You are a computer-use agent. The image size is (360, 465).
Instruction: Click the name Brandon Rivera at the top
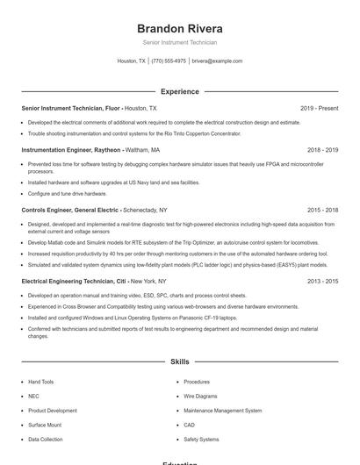coord(180,28)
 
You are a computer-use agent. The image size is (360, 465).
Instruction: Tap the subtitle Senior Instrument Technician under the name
coord(180,42)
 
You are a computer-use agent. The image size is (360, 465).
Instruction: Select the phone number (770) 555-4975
coord(169,61)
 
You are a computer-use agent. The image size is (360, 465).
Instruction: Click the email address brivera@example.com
coord(217,61)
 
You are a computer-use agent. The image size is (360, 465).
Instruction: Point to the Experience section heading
coord(180,91)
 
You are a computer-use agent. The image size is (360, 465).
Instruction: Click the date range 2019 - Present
coord(319,108)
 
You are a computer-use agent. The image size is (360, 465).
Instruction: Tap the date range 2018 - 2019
coord(322,150)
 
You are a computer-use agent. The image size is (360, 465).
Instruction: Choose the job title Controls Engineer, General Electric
coord(70,211)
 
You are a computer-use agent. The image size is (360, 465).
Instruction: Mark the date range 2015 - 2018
coord(322,211)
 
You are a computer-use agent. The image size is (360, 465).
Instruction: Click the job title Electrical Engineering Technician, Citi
coord(74,281)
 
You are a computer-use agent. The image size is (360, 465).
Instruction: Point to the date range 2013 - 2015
coord(322,281)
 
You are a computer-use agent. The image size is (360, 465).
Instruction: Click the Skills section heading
coord(180,361)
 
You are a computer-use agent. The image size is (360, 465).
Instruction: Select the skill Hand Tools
coord(40,382)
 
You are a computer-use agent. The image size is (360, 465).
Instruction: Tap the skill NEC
coord(33,396)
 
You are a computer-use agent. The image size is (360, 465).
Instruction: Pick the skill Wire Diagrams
coord(201,396)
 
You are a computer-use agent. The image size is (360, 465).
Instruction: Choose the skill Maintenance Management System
coord(223,411)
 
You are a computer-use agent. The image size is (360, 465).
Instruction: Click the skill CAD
coord(190,425)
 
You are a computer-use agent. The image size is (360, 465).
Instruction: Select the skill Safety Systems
coord(201,439)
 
